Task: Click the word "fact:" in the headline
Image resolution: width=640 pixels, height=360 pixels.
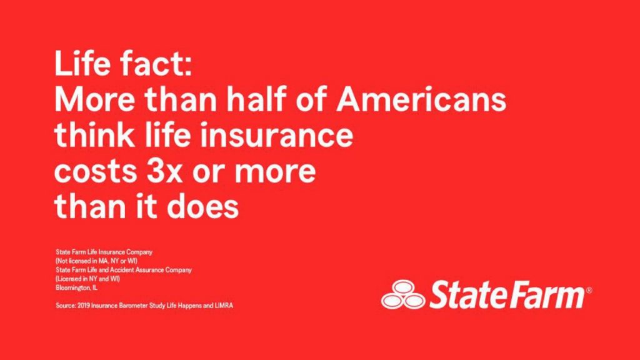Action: (156, 63)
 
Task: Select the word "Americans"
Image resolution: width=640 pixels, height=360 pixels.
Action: (421, 99)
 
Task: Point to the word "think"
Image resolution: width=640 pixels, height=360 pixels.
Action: (94, 135)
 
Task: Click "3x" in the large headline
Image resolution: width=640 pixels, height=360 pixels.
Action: (164, 171)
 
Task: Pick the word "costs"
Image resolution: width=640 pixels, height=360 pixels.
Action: (96, 171)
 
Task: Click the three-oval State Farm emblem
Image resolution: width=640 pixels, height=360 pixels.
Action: (403, 294)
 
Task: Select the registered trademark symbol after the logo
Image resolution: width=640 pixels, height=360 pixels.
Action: (589, 290)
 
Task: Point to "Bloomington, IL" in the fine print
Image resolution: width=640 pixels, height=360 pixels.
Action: (77, 287)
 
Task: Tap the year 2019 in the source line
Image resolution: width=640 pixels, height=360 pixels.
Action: (84, 305)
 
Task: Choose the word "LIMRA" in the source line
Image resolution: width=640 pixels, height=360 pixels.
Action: (224, 305)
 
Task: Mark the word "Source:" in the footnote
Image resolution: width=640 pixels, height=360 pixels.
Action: (66, 305)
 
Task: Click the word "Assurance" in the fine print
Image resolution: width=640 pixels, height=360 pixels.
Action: (149, 270)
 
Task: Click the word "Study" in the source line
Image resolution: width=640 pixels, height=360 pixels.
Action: (157, 306)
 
